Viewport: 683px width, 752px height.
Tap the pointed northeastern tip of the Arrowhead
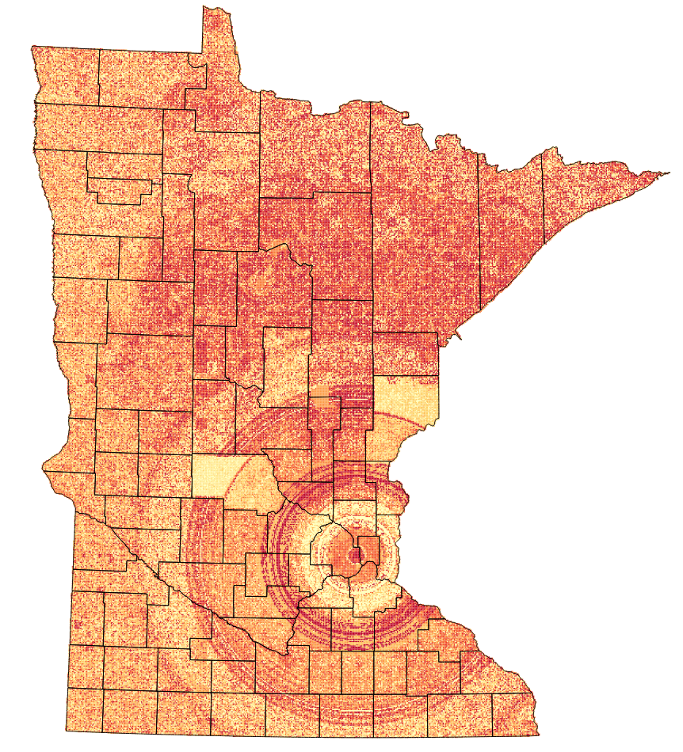pyautogui.click(x=664, y=173)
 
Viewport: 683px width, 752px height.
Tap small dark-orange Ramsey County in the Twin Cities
pyautogui.click(x=368, y=547)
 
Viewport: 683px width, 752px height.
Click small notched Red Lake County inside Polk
pyautogui.click(x=119, y=187)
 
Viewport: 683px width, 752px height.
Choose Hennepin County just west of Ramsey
pyautogui.click(x=333, y=546)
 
